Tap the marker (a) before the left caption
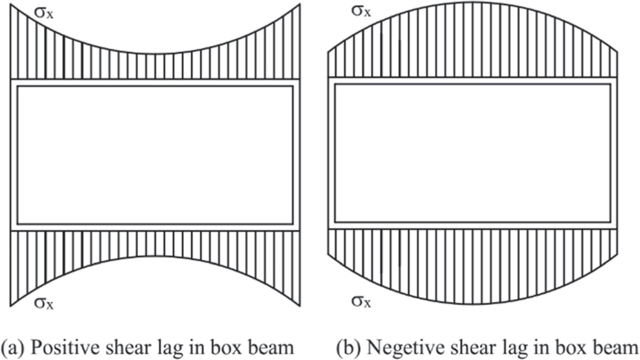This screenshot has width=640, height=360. [13, 347]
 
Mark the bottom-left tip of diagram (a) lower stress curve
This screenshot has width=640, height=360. [11, 306]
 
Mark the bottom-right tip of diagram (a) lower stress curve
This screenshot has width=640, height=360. [300, 306]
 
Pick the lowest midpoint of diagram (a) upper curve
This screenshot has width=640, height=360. [155, 54]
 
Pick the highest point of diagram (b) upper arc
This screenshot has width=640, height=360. [472, 3]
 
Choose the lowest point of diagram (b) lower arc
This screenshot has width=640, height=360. [472, 304]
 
